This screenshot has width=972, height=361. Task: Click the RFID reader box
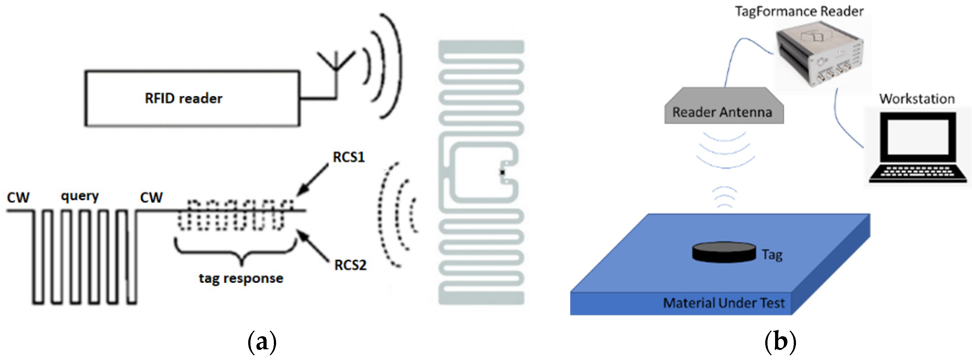[x=193, y=98]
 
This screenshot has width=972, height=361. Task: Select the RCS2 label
[x=350, y=265]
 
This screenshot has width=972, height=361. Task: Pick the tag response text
[x=241, y=279]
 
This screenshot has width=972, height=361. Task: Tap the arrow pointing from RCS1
[x=312, y=180]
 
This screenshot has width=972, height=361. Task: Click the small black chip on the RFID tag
[x=502, y=172]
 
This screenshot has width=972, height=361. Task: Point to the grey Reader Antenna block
[x=723, y=108]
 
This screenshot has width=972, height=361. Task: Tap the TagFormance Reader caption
[x=799, y=11]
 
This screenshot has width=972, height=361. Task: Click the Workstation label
[x=917, y=99]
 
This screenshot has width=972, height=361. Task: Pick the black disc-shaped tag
[x=724, y=252]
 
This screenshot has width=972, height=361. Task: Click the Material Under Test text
[x=723, y=303]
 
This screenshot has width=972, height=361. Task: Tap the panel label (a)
[x=262, y=342]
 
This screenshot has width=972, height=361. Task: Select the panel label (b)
[x=780, y=342]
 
